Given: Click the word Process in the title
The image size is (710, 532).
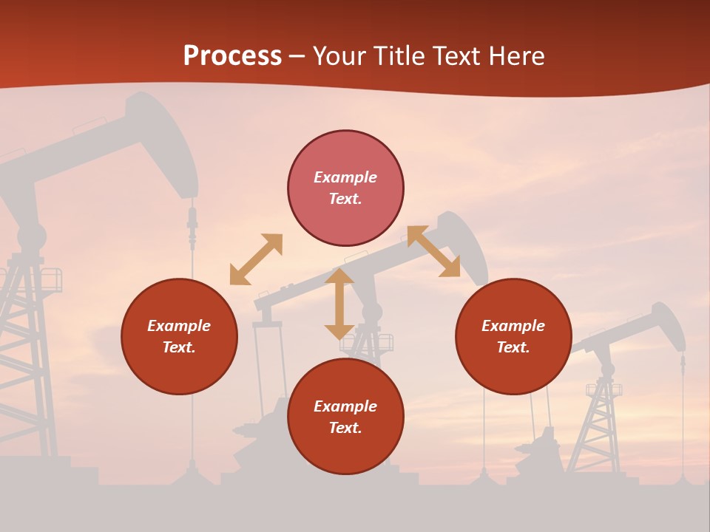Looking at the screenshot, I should [232, 56].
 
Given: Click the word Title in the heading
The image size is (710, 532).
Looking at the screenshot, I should [399, 56].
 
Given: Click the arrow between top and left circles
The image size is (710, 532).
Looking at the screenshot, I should [256, 259].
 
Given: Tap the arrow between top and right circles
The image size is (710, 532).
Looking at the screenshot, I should [433, 252].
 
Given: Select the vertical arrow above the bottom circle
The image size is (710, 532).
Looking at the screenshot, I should [339, 304].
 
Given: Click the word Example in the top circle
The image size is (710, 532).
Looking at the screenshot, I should [345, 177].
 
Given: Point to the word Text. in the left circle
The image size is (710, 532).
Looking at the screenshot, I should [179, 347].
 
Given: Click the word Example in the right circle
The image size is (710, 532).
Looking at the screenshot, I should [513, 326].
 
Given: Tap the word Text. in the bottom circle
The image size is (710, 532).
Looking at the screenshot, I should [345, 428].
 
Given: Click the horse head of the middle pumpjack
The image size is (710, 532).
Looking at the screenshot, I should [466, 244].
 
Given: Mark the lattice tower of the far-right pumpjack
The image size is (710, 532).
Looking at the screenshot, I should [603, 421].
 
